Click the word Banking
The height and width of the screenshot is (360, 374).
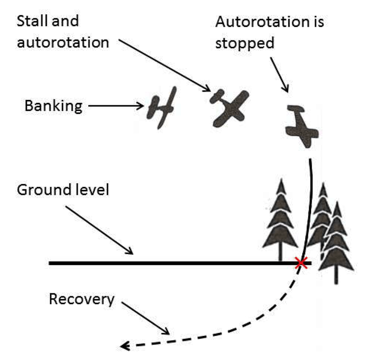(53, 106)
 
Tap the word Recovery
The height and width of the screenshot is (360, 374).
(81, 299)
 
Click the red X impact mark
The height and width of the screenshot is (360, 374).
(301, 262)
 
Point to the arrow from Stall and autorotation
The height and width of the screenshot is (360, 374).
(164, 66)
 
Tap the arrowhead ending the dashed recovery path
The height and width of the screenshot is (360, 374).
(125, 345)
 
